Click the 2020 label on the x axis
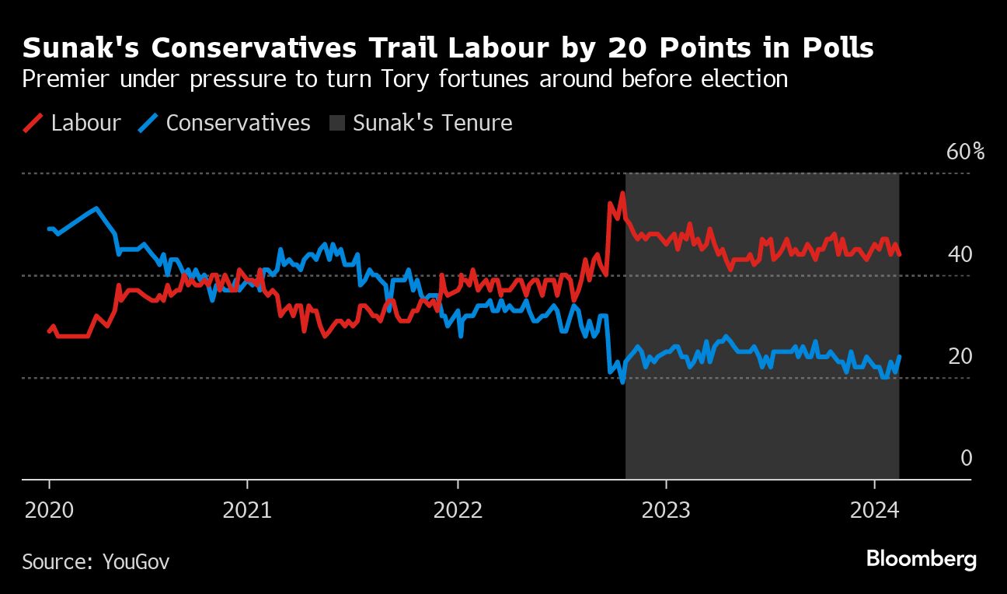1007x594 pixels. (48, 511)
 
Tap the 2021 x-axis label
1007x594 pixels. (246, 511)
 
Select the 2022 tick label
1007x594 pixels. (458, 511)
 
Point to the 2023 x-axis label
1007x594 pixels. (666, 511)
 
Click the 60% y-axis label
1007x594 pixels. (965, 152)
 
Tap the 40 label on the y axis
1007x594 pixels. (960, 254)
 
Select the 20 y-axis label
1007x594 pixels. (960, 356)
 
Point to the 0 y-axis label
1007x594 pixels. (967, 458)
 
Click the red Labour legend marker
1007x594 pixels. (33, 123)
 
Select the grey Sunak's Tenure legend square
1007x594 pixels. (336, 123)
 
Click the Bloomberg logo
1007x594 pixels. (921, 559)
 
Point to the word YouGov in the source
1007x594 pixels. (137, 561)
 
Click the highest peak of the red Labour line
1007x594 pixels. (622, 193)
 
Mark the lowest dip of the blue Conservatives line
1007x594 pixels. (622, 382)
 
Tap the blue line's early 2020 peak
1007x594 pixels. (96, 208)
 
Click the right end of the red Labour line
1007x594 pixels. (899, 253)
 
